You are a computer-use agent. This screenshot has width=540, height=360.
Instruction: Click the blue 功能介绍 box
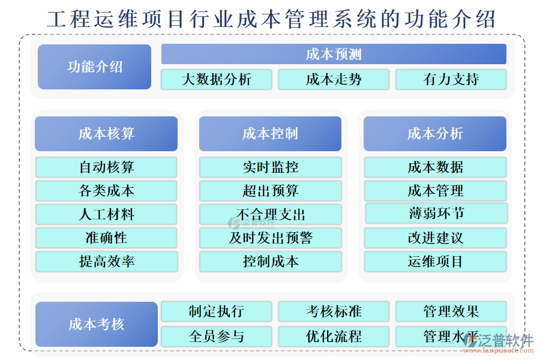94,67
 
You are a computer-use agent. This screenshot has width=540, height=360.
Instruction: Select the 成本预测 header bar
334,54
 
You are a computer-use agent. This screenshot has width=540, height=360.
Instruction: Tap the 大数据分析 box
216,79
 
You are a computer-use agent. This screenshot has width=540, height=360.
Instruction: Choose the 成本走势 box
334,79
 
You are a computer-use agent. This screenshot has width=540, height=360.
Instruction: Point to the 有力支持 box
451,79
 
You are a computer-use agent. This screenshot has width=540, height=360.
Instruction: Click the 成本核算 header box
106,133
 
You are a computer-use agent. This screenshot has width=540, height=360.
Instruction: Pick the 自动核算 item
106,167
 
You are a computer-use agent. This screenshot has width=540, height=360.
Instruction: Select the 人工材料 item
106,214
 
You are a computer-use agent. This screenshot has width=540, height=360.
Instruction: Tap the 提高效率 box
106,262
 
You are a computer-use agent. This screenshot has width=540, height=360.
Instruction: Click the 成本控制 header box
270,133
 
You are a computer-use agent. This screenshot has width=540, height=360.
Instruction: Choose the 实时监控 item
270,167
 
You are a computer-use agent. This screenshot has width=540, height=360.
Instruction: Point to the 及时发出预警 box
270,238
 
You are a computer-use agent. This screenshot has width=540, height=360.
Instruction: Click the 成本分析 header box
435,133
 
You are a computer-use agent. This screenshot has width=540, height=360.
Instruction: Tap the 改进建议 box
435,238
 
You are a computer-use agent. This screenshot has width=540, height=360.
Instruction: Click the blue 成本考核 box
96,325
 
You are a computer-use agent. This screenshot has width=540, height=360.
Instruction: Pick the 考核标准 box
334,311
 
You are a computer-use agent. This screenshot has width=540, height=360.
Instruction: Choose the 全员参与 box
216,336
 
